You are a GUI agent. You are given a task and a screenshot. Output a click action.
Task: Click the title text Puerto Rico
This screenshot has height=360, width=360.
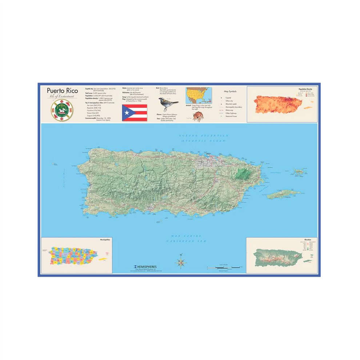[x=62, y=91]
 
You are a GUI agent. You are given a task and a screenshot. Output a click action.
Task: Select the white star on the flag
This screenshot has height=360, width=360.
[x=127, y=113]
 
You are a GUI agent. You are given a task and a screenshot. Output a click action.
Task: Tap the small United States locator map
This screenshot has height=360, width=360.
[x=197, y=95]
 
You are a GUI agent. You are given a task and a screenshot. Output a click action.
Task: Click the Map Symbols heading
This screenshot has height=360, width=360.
[x=230, y=91]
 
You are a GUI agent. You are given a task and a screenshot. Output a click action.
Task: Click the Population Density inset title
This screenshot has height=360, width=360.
[x=305, y=89]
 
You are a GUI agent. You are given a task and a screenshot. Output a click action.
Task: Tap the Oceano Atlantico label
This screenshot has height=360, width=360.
[x=204, y=136]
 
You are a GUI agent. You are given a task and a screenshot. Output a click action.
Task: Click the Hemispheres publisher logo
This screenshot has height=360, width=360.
[x=145, y=267]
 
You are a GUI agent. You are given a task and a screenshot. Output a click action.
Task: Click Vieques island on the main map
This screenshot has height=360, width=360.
[x=284, y=195]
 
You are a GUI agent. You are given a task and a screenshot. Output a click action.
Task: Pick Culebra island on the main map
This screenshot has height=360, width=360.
[x=301, y=171]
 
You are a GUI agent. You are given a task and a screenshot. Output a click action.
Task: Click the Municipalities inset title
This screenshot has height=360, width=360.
[x=105, y=240]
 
